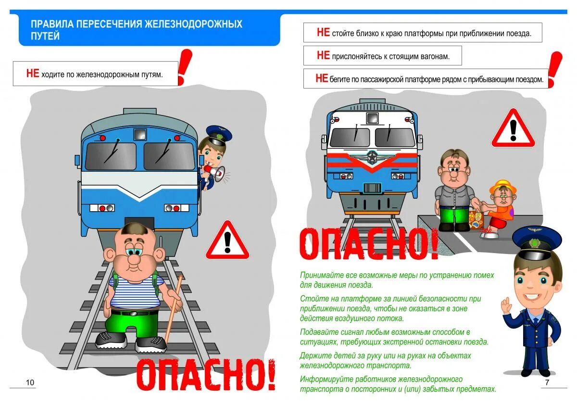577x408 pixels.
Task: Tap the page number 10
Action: point(30,382)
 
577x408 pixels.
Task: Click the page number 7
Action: point(547,382)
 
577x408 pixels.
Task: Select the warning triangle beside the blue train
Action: point(227,241)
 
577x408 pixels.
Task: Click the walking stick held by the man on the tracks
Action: point(174,308)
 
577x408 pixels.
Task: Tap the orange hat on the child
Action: point(503,186)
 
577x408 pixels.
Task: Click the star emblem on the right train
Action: point(372,157)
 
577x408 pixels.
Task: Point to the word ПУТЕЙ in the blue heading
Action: point(45,36)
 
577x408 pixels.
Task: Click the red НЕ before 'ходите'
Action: point(33,74)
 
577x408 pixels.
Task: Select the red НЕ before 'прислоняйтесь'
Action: point(323,56)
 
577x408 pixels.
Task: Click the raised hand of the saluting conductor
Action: point(505,305)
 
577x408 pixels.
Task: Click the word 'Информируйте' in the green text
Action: point(322,379)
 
